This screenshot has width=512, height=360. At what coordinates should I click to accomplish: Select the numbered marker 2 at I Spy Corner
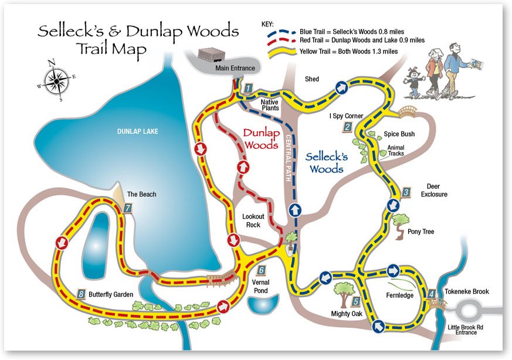(347, 127)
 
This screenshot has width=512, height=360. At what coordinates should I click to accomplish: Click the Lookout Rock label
(253, 220)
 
